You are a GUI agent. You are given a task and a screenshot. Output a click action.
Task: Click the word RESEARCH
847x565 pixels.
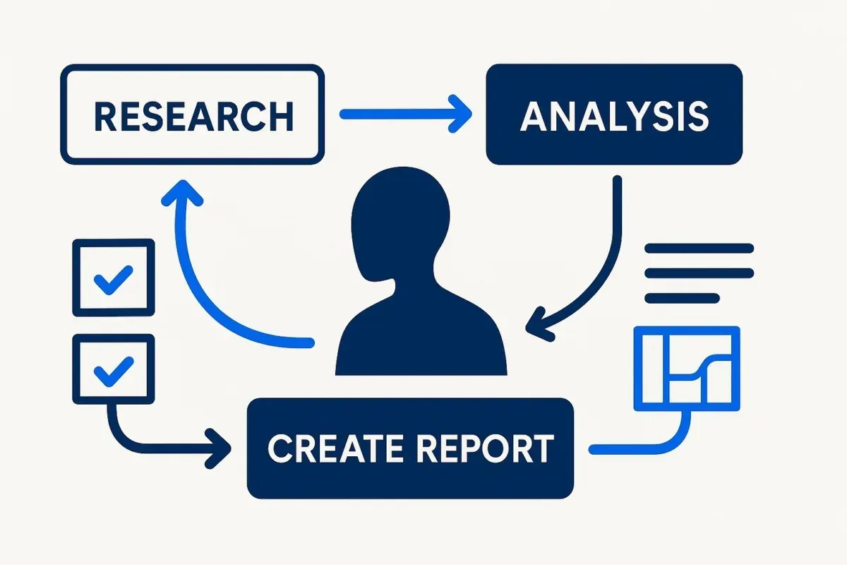pyautogui.click(x=193, y=116)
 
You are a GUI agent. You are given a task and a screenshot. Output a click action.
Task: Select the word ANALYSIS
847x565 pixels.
pyautogui.click(x=614, y=116)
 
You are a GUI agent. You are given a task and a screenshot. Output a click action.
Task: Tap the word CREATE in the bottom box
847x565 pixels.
pyautogui.click(x=335, y=448)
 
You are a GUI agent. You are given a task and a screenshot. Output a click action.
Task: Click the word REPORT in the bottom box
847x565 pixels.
pyautogui.click(x=486, y=448)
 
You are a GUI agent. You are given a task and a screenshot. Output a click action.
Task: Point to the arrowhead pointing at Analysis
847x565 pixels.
pyautogui.click(x=460, y=114)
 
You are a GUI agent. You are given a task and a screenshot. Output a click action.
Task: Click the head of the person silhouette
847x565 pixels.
pyautogui.click(x=401, y=223)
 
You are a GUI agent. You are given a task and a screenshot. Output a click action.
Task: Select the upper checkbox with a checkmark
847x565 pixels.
pyautogui.click(x=114, y=277)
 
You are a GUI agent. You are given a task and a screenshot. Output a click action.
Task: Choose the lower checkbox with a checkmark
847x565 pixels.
pyautogui.click(x=114, y=369)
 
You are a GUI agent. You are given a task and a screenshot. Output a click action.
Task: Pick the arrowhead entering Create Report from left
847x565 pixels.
pyautogui.click(x=218, y=448)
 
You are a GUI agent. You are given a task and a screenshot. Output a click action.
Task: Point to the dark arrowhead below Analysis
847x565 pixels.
pyautogui.click(x=539, y=325)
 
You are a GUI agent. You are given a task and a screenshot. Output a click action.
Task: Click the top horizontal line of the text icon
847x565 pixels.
pyautogui.click(x=699, y=249)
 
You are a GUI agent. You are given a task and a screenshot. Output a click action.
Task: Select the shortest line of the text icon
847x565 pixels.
pyautogui.click(x=682, y=298)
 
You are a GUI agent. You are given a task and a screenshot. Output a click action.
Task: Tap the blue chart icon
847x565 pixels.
pyautogui.click(x=687, y=369)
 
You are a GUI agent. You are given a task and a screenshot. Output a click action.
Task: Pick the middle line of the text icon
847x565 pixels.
pyautogui.click(x=699, y=273)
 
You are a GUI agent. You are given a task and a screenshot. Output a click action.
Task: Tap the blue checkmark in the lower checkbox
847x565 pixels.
pyautogui.click(x=114, y=371)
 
